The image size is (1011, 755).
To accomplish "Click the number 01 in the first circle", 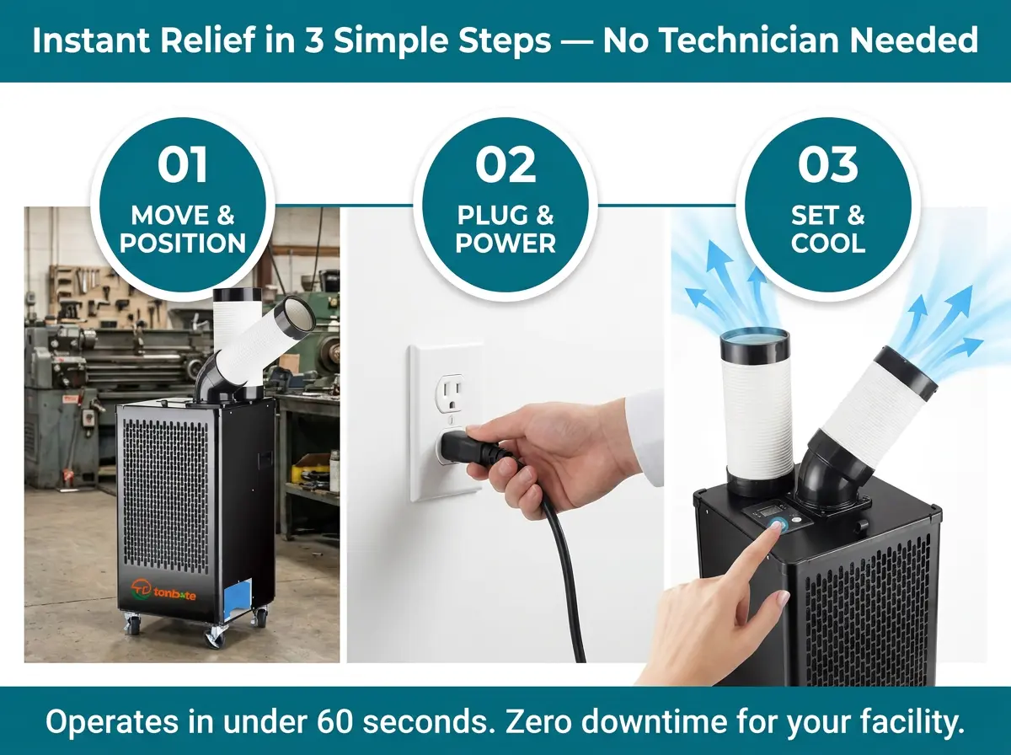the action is pyautogui.click(x=182, y=164).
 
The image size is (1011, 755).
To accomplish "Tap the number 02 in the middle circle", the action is pyautogui.click(x=505, y=164).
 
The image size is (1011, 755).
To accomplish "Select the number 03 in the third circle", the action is pyautogui.click(x=827, y=164).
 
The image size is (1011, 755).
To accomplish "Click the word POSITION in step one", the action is pyautogui.click(x=182, y=243).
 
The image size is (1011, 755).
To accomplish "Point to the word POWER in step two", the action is pyautogui.click(x=505, y=243).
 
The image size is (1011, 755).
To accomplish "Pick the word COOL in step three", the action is pyautogui.click(x=827, y=243).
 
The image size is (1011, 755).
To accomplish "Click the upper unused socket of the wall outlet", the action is pyautogui.click(x=450, y=392).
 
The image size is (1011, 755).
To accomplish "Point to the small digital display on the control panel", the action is pyautogui.click(x=768, y=511).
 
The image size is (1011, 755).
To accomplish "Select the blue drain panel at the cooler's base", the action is pyautogui.click(x=238, y=600).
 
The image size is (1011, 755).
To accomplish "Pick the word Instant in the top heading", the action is pyautogui.click(x=91, y=40).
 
